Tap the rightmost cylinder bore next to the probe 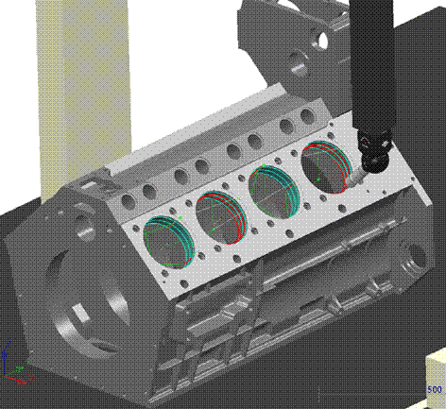click(324, 168)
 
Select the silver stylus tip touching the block click(352, 179)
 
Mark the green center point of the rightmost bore click(321, 176)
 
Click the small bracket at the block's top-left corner click(90, 178)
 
